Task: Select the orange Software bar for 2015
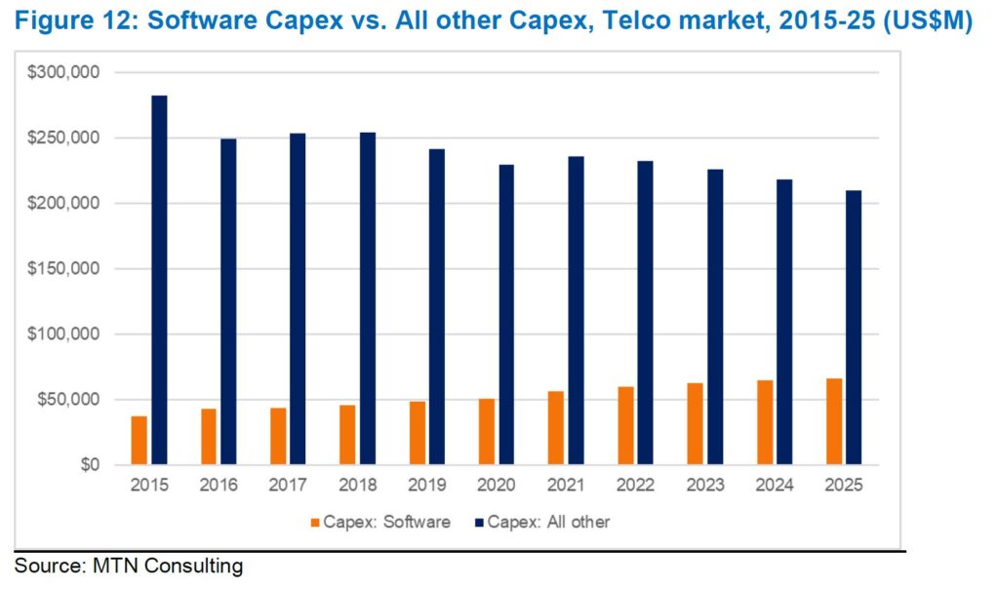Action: click(140, 441)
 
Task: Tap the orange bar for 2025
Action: click(835, 421)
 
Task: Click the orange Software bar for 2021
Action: click(556, 428)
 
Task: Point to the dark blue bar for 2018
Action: click(367, 298)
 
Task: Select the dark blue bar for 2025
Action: click(854, 328)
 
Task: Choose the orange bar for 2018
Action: click(348, 435)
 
